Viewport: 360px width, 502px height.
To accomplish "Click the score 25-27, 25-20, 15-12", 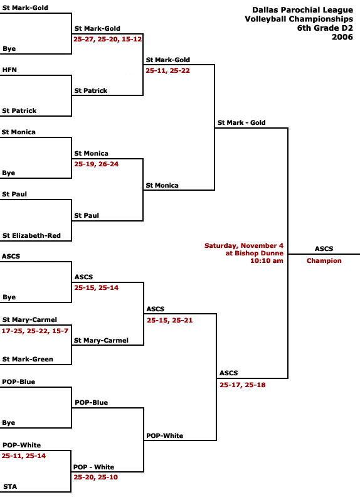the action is (107, 39).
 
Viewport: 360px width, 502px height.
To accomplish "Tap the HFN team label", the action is (9, 70).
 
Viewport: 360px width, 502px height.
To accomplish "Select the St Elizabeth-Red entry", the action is (32, 236).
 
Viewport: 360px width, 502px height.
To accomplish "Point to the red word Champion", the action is (324, 261).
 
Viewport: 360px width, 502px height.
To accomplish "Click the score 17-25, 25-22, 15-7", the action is (35, 331).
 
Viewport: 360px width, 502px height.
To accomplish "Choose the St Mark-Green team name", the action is (28, 359).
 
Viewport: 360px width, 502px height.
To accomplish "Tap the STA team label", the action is (10, 487).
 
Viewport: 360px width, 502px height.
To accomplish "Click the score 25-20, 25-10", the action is (96, 477).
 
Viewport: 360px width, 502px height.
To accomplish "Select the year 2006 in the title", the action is (342, 37).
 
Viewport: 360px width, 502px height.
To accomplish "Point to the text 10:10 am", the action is (267, 260).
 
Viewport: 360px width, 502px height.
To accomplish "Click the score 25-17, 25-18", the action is (243, 385).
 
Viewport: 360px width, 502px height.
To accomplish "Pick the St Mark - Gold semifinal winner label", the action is (241, 122).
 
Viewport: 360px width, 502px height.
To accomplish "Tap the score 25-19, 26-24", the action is (97, 164).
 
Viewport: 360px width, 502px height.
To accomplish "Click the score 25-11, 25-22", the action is (167, 70).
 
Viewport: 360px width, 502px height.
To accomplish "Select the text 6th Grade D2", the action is (325, 28).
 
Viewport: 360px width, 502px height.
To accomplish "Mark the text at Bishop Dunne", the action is (255, 253).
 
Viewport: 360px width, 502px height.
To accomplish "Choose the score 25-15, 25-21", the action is (169, 320).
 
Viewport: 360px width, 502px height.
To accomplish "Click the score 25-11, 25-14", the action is (24, 456).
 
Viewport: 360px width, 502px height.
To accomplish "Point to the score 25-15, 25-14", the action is (97, 287).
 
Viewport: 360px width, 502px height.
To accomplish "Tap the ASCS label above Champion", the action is (324, 248).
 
